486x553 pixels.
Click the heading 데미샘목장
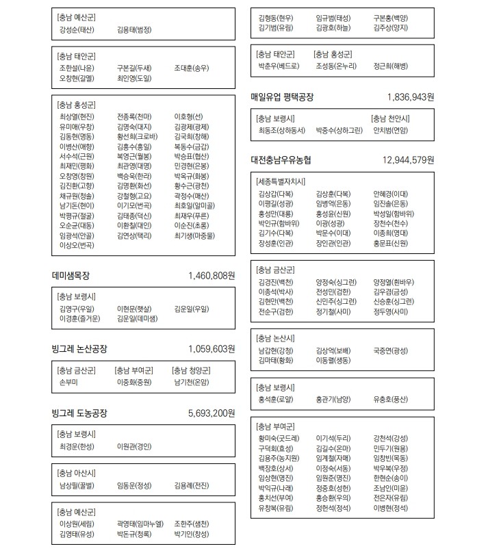[x=71, y=276]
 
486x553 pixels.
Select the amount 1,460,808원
[x=212, y=276]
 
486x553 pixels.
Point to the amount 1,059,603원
[x=212, y=348]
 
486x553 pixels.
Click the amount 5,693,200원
[x=212, y=413]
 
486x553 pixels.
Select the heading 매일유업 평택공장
[x=282, y=98]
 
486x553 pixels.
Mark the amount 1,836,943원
[x=410, y=98]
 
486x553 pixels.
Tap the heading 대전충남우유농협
[x=281, y=160]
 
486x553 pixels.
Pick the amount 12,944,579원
[x=408, y=160]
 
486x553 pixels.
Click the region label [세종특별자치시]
[x=279, y=181]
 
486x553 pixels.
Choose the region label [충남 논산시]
[x=274, y=338]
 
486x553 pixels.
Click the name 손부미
[x=69, y=381]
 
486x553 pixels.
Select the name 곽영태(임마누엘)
[x=140, y=524]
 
